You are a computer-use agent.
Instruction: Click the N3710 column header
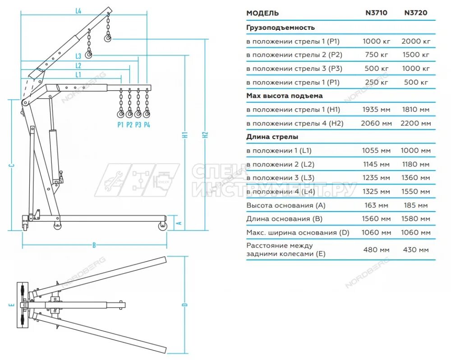pyautogui.click(x=376, y=13)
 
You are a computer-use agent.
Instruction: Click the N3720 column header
pyautogui.click(x=415, y=13)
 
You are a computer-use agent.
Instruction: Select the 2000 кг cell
pyautogui.click(x=415, y=41)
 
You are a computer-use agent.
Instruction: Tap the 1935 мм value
pyautogui.click(x=376, y=110)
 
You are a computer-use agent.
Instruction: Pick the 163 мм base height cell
pyautogui.click(x=376, y=205)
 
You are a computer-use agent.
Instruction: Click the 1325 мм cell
pyautogui.click(x=376, y=192)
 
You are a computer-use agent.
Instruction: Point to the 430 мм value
pyautogui.click(x=415, y=249)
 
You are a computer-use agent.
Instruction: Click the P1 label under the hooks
pyautogui.click(x=120, y=125)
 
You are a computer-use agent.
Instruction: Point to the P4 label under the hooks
pyautogui.click(x=147, y=125)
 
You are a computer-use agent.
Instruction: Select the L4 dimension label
pyautogui.click(x=78, y=12)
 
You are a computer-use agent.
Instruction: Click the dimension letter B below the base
pyautogui.click(x=94, y=245)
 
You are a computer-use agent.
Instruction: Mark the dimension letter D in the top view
pyautogui.click(x=184, y=305)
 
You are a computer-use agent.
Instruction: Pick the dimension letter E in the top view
pyautogui.click(x=13, y=305)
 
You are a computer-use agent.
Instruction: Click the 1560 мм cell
pyautogui.click(x=376, y=219)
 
